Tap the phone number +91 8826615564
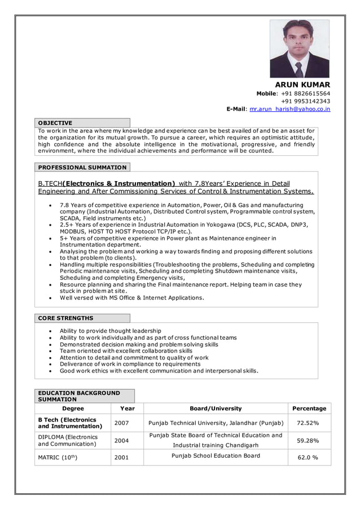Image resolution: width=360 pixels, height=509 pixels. (305, 94)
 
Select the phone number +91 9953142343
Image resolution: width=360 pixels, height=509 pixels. (305, 102)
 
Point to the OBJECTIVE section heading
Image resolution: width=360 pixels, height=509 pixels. (55, 122)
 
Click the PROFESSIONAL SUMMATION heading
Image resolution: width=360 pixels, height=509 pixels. (82, 168)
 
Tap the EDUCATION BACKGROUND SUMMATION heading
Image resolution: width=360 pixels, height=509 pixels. (78, 396)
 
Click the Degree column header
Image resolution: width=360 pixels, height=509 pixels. (73, 409)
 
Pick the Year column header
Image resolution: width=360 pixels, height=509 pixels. (128, 409)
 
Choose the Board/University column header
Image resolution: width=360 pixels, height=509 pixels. (216, 409)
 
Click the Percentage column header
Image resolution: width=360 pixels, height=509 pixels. (309, 409)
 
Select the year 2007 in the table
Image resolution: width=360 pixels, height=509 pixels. (121, 423)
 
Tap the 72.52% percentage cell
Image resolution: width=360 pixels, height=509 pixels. (308, 423)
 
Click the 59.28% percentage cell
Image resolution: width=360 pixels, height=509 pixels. (308, 441)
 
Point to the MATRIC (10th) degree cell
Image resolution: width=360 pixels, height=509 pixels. (58, 458)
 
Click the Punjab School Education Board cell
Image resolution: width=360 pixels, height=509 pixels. (216, 456)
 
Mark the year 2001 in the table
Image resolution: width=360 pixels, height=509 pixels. (121, 458)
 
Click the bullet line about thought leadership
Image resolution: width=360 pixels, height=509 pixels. (111, 331)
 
